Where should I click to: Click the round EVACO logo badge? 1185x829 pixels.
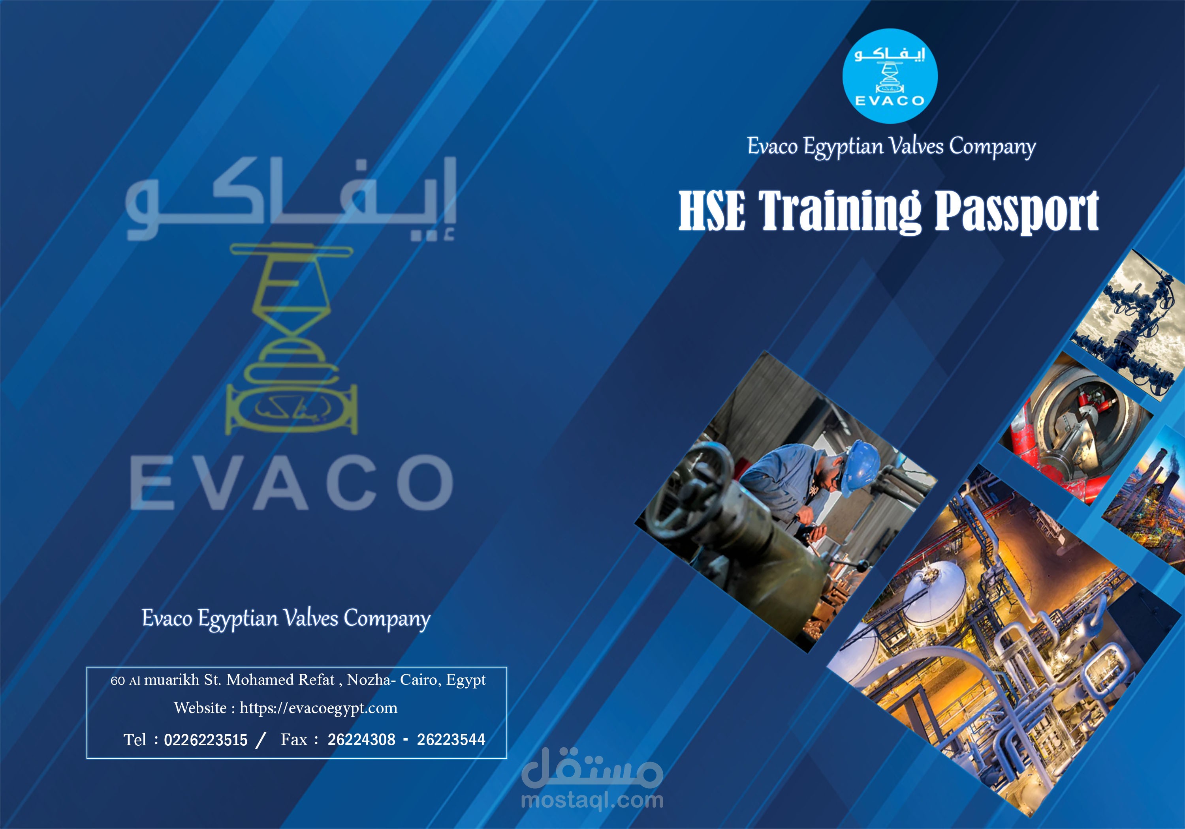coord(890,76)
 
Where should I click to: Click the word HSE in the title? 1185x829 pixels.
coord(712,210)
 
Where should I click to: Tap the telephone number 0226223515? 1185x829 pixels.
coord(205,740)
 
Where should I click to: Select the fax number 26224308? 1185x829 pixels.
coord(361,740)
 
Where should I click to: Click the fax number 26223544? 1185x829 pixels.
coord(451,740)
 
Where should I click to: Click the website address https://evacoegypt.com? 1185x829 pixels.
coord(318,708)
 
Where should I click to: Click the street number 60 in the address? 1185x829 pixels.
coord(118,681)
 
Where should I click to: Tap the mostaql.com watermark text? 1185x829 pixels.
coord(592,801)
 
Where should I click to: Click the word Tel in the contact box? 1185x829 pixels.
coord(135,740)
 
